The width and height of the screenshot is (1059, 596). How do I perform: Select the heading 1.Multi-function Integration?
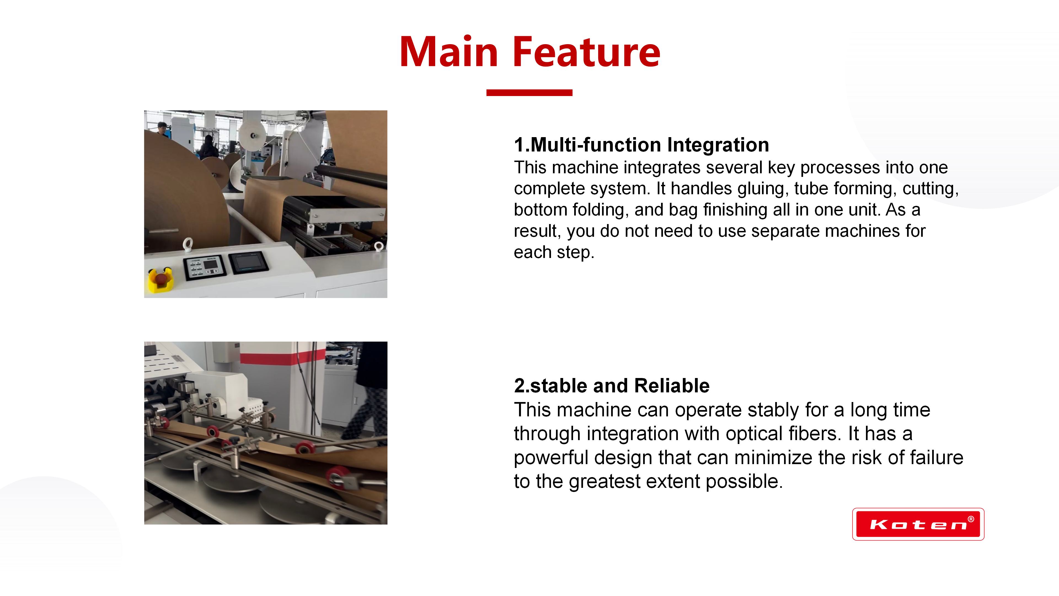(x=641, y=145)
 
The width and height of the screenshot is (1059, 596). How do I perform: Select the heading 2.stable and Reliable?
(x=612, y=386)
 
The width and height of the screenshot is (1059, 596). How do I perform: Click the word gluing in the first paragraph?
(x=763, y=189)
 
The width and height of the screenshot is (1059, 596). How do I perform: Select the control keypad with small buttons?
(x=205, y=267)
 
